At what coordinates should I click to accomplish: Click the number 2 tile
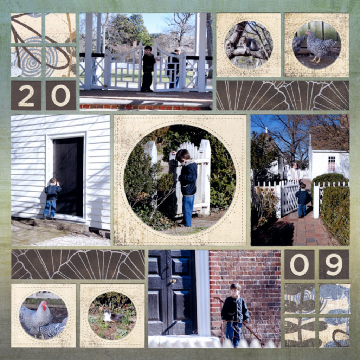click(x=26, y=95)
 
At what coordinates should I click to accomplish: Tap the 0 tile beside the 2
click(x=61, y=95)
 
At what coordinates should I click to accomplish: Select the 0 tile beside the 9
click(x=300, y=264)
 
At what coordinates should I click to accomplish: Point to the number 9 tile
click(x=334, y=264)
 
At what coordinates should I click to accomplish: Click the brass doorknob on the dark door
click(x=173, y=281)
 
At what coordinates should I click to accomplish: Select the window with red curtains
click(x=331, y=164)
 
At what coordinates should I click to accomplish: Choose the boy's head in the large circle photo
click(x=184, y=155)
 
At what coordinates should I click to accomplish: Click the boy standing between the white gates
click(x=148, y=69)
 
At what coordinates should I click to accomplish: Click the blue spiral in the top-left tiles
click(x=37, y=59)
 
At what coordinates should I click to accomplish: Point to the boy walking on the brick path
click(x=302, y=200)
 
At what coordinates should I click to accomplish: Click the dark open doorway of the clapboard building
click(x=68, y=176)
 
